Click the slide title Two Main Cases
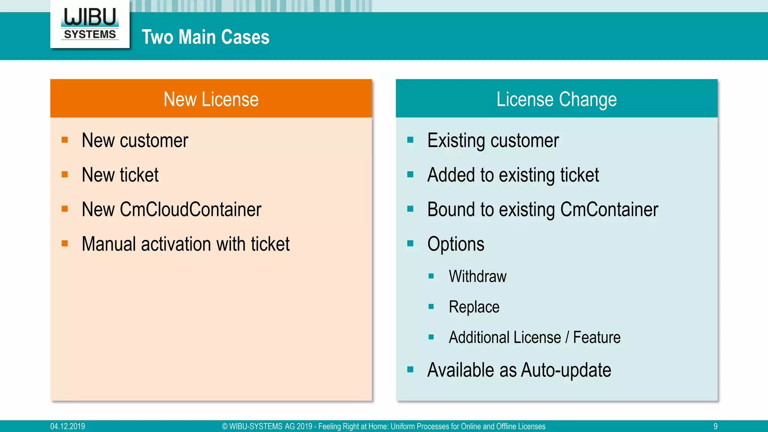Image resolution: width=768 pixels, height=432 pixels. pyautogui.click(x=205, y=37)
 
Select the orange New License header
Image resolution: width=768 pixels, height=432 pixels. pyautogui.click(x=211, y=99)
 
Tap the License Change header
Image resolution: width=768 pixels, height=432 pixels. pyautogui.click(x=556, y=99)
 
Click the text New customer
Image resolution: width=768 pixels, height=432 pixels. pyautogui.click(x=135, y=141)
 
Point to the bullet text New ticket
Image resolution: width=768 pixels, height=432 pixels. pyautogui.click(x=120, y=175)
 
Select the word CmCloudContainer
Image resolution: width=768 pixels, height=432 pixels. pyautogui.click(x=190, y=209)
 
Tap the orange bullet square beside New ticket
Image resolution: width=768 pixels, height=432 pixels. pyautogui.click(x=65, y=174)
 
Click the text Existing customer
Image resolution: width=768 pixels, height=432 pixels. pyautogui.click(x=493, y=141)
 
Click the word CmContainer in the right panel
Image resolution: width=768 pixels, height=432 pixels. pyautogui.click(x=609, y=209)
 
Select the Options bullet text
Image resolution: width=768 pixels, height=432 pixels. pyautogui.click(x=456, y=244)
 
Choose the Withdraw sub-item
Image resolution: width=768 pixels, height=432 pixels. pyautogui.click(x=477, y=276)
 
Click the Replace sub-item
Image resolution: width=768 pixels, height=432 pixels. pyautogui.click(x=474, y=307)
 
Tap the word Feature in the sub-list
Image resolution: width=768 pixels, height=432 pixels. pyautogui.click(x=597, y=337)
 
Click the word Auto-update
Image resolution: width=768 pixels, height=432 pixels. pyautogui.click(x=566, y=370)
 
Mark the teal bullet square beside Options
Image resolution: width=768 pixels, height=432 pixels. pyautogui.click(x=410, y=244)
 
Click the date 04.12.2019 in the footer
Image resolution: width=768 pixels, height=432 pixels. pyautogui.click(x=67, y=426)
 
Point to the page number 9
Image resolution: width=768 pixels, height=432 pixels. pyautogui.click(x=715, y=426)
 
